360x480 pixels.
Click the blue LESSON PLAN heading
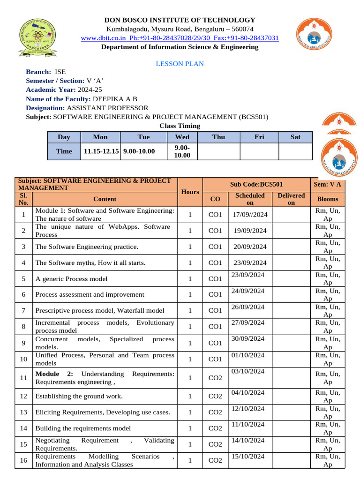pyautogui.click(x=180, y=64)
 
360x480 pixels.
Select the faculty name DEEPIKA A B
pyautogui.click(x=115, y=98)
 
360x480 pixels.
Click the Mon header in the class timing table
pyautogui.click(x=100, y=137)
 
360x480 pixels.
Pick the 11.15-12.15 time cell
pyautogui.click(x=100, y=151)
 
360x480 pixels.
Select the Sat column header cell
pyautogui.click(x=295, y=137)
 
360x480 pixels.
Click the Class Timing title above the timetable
pyautogui.click(x=180, y=126)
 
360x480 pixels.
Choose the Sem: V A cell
pyautogui.click(x=328, y=185)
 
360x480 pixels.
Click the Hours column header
pyautogui.click(x=190, y=192)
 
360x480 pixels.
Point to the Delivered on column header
pyautogui.click(x=291, y=199)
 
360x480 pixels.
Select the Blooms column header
pyautogui.click(x=328, y=199)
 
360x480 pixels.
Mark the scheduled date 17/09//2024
pyautogui.click(x=250, y=215)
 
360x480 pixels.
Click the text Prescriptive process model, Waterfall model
pyautogui.click(x=100, y=310)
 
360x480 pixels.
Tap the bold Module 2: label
pyautogui.click(x=56, y=374)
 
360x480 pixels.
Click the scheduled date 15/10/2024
pyautogui.click(x=248, y=456)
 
